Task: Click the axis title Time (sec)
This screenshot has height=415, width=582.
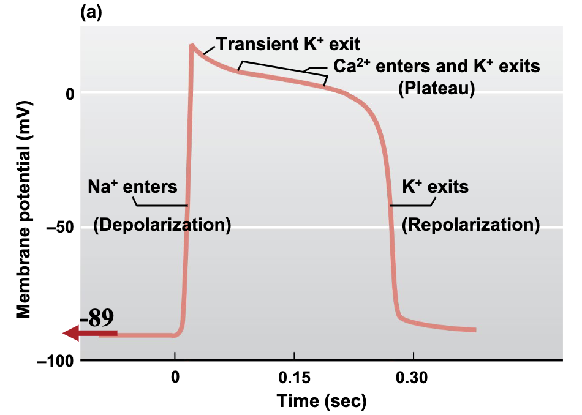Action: click(x=321, y=401)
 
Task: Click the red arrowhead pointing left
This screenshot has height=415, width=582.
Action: click(x=71, y=333)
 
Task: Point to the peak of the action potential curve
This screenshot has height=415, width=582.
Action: click(x=192, y=45)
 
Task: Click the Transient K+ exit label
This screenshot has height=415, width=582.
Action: click(x=287, y=44)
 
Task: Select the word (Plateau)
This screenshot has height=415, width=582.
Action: click(x=437, y=88)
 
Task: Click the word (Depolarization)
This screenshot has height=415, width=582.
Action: click(x=162, y=225)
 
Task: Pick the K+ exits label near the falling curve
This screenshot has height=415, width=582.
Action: click(x=435, y=187)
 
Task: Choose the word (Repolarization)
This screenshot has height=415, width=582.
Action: click(x=471, y=225)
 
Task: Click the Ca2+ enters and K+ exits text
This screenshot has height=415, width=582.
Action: click(x=436, y=66)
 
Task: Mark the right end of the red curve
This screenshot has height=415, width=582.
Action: click(x=475, y=330)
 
